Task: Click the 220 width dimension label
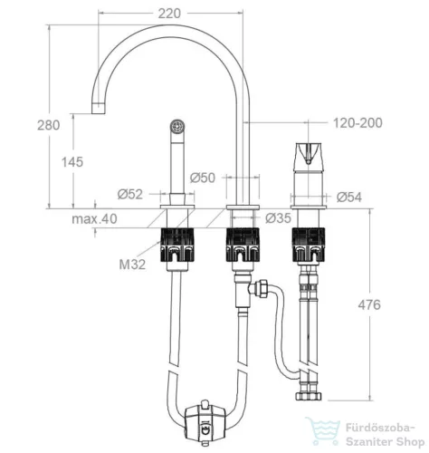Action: pos(169,14)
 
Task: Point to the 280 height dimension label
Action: pos(49,125)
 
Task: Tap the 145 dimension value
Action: pos(72,162)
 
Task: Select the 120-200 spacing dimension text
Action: pos(357,123)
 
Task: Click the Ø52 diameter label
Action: pos(130,195)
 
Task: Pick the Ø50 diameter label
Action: pos(203,178)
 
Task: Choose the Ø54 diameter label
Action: pos(349,198)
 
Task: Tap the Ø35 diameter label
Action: pos(278,218)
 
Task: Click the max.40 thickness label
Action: pos(94,218)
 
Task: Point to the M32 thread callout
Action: pos(132,265)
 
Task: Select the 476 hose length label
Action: pos(369,305)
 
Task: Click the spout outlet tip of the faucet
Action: pos(99,108)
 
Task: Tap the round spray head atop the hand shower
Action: pos(177,126)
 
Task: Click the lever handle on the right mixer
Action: pos(308,154)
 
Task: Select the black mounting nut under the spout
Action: pos(243,245)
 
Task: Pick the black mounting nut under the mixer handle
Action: pos(309,245)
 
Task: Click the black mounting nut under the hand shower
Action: pos(176,245)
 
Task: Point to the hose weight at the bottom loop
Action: pos(205,422)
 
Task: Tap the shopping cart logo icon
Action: pos(323,431)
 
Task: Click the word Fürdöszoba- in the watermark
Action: pos(380,428)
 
